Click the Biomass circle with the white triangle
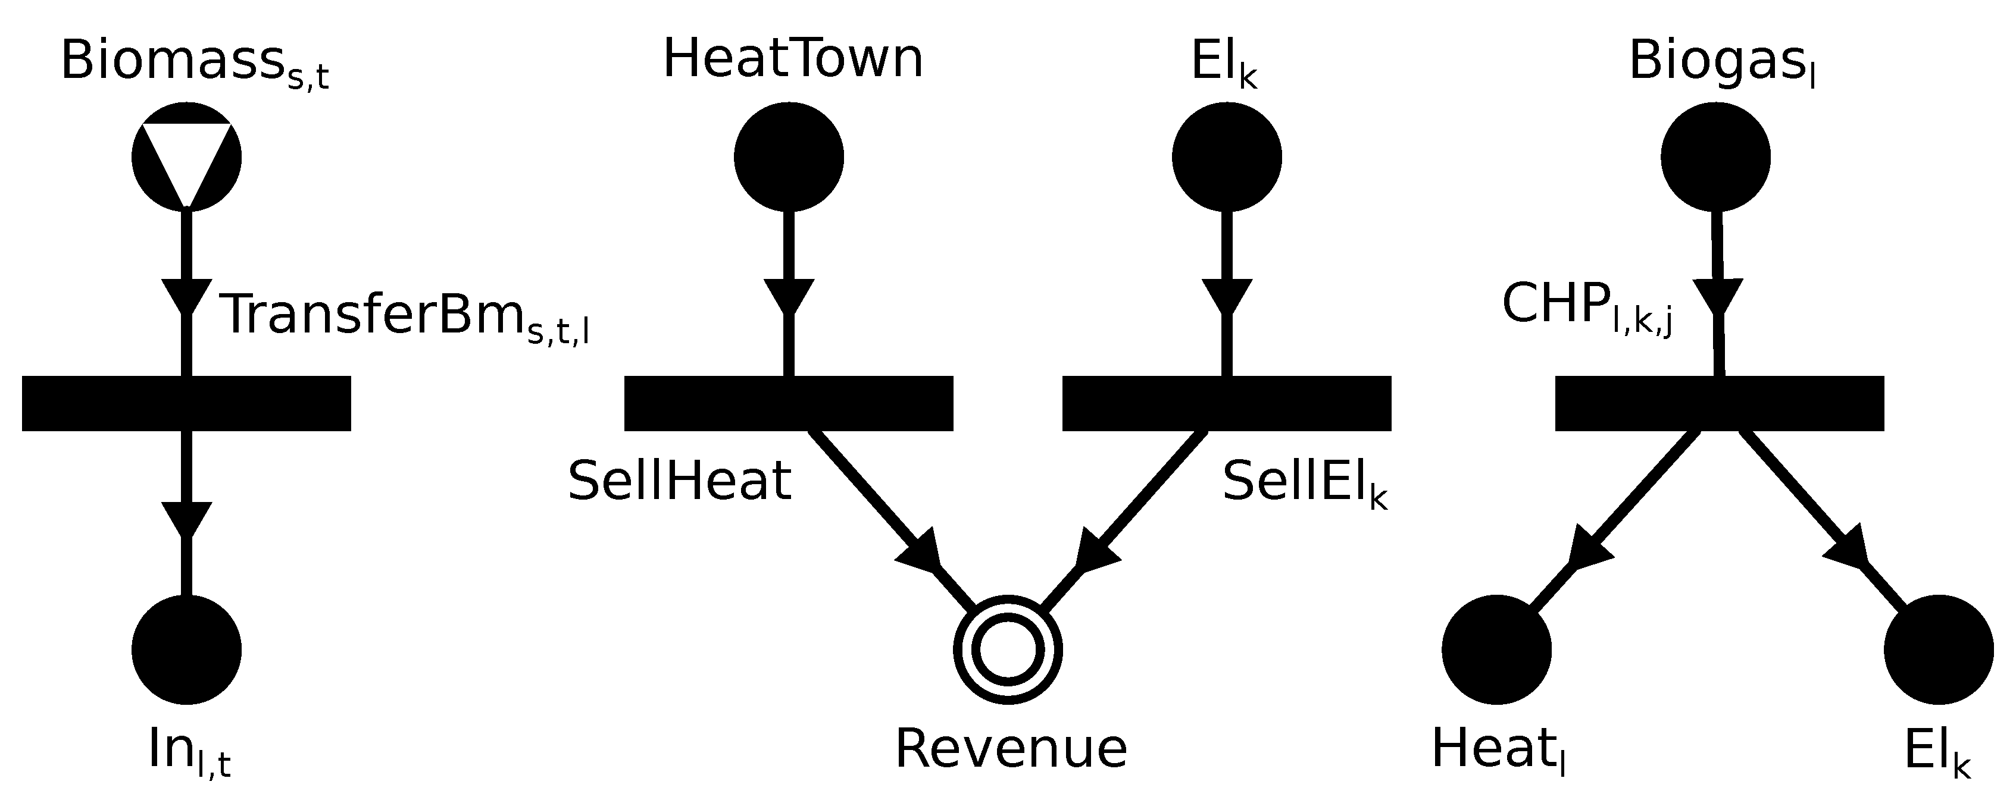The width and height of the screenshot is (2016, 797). [x=186, y=156]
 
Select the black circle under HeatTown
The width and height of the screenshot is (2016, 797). [x=789, y=156]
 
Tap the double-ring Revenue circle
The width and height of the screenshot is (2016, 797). [x=1008, y=649]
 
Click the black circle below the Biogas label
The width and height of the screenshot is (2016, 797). [x=1715, y=156]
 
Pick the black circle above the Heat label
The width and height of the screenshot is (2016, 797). [x=1496, y=649]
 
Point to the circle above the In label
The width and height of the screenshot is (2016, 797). [x=186, y=649]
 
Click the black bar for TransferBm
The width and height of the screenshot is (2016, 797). [x=186, y=404]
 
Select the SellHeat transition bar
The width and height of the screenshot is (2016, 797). [x=789, y=404]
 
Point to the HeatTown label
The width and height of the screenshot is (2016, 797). [x=793, y=59]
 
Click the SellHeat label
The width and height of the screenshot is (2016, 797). [x=679, y=481]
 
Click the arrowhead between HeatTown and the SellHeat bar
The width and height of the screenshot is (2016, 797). [x=789, y=296]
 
